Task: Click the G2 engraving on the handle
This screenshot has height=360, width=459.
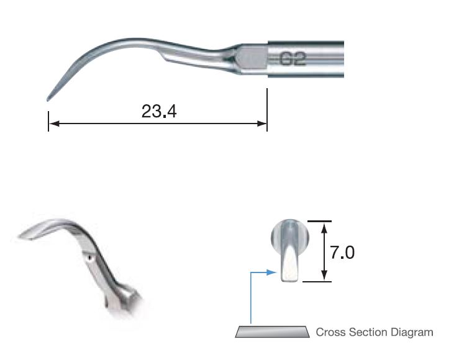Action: click(x=291, y=60)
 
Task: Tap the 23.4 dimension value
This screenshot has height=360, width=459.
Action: click(x=159, y=112)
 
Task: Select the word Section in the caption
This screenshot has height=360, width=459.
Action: click(x=366, y=332)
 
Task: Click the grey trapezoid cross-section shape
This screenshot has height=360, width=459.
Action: click(x=272, y=331)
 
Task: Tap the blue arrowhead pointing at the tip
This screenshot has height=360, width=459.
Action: click(x=271, y=272)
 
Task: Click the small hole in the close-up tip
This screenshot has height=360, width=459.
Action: click(x=91, y=256)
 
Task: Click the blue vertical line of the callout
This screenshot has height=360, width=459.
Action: click(x=250, y=298)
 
